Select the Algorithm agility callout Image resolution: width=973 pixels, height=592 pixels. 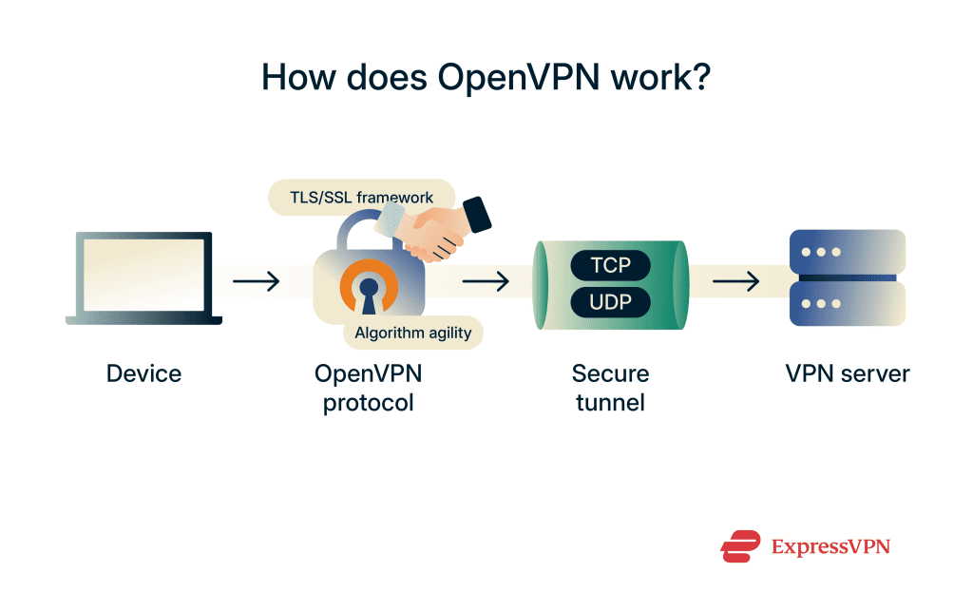412,333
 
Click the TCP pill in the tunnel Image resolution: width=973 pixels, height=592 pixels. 609,264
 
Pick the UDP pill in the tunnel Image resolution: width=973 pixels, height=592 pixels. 609,303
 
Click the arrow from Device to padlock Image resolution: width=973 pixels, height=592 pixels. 256,281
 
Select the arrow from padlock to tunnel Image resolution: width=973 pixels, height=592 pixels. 486,281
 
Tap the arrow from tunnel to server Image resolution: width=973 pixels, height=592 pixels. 735,281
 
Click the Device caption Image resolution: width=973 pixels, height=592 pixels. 143,373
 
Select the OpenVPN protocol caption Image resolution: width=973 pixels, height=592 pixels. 368,388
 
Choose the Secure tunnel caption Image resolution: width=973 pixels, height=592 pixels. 609,388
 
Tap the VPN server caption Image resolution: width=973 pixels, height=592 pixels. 848,373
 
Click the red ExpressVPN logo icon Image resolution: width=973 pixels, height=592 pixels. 740,545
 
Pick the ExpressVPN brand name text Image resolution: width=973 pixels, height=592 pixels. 830,546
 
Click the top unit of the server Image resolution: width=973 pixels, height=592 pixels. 848,252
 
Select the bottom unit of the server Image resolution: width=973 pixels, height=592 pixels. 848,304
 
